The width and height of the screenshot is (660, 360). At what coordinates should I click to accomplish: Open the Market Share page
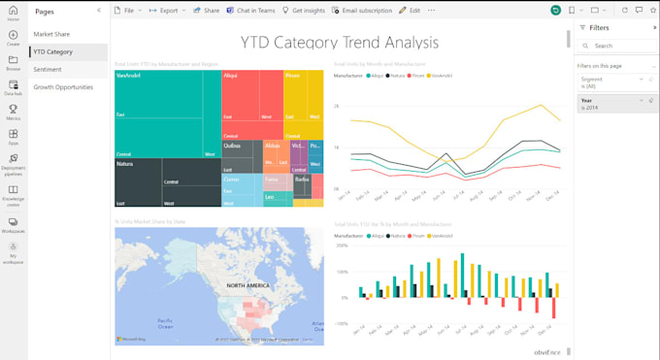(51, 34)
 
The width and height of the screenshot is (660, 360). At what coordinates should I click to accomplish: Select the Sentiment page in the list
(48, 69)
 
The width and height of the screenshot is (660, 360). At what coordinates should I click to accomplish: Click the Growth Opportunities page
(64, 86)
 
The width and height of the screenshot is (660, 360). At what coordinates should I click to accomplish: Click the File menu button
(124, 10)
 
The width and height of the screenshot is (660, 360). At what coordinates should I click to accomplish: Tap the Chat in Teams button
(249, 10)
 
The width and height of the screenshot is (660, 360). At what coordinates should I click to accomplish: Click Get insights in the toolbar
(303, 10)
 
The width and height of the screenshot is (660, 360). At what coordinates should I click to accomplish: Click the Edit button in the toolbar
(411, 10)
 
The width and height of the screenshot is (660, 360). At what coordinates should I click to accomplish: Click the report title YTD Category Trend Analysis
(339, 43)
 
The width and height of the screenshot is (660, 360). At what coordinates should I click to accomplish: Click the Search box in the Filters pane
(616, 46)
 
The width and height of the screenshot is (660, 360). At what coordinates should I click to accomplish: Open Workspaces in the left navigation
(14, 224)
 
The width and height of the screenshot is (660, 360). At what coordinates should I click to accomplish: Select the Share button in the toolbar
(207, 10)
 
